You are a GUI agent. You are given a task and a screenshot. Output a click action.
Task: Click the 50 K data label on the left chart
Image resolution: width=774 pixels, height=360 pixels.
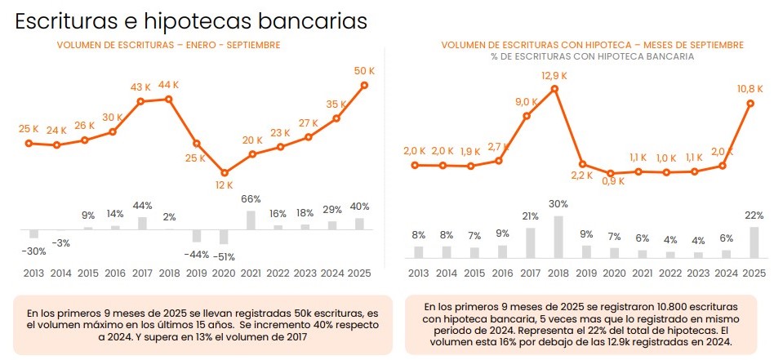tap(364, 72)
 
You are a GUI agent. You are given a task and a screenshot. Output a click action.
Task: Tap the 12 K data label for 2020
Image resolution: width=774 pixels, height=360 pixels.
tap(224, 185)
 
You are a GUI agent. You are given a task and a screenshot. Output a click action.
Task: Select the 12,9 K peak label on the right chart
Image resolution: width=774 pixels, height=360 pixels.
tap(554, 76)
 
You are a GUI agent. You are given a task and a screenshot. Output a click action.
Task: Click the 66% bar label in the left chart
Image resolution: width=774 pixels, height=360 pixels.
tap(251, 199)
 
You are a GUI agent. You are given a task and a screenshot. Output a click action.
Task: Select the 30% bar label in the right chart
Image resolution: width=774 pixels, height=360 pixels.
tap(558, 204)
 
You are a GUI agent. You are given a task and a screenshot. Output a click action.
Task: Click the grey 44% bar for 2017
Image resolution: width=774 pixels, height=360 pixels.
tap(141, 223)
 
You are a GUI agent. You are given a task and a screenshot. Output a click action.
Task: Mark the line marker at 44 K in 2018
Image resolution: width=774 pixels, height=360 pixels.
tap(169, 100)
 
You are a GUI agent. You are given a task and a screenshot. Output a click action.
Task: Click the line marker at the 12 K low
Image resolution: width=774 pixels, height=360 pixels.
tap(225, 172)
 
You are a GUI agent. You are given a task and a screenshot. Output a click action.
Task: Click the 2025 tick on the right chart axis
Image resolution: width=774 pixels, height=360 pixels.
tap(754, 273)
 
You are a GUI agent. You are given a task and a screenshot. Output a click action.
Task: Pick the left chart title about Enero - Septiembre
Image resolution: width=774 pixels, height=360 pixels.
tap(168, 45)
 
